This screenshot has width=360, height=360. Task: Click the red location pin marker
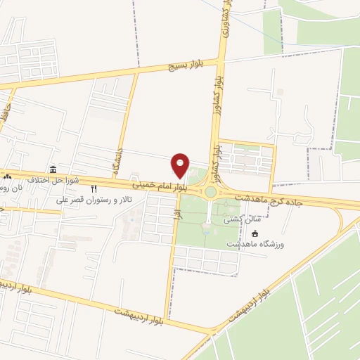[181, 165]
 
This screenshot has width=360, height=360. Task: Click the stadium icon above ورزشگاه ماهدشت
[255, 233]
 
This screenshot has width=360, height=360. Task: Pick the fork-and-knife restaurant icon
[94, 189]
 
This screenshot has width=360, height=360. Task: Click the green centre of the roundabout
[210, 191]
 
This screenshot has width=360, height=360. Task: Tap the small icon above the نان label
[7, 176]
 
